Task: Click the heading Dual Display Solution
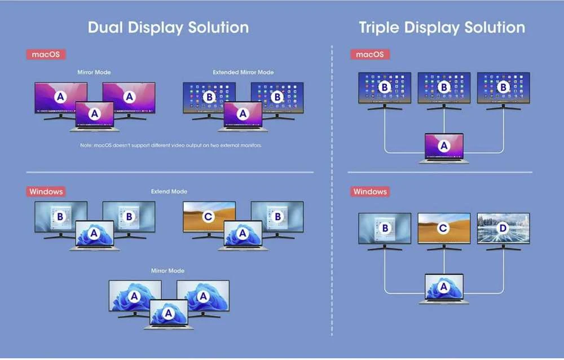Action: click(x=168, y=28)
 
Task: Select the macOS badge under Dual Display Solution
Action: click(x=46, y=54)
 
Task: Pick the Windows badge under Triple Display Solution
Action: click(x=370, y=191)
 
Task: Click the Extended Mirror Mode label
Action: click(x=243, y=72)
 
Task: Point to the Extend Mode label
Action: click(x=169, y=191)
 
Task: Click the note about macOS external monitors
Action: click(x=171, y=146)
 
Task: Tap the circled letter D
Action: click(x=503, y=228)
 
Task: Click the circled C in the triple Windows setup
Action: click(x=443, y=228)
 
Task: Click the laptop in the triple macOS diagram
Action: click(x=444, y=148)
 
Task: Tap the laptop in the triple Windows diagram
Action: click(x=444, y=289)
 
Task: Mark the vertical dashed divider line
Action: click(x=332, y=191)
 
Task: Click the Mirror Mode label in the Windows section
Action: click(x=168, y=271)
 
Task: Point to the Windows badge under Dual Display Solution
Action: click(x=46, y=191)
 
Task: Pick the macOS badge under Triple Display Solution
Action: click(x=370, y=54)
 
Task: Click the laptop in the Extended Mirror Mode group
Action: click(x=243, y=116)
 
